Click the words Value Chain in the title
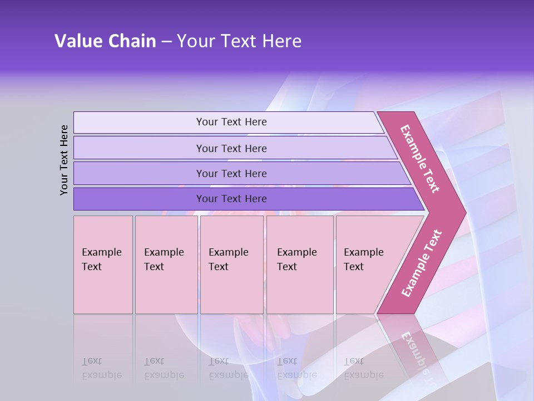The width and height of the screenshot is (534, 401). (105, 41)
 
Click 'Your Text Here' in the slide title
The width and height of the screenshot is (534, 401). (239, 41)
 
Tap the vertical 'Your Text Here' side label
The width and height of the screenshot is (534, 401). (64, 160)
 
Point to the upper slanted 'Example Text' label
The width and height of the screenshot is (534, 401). (420, 159)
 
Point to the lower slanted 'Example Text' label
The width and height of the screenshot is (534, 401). (422, 263)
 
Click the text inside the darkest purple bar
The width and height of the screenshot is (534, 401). (231, 199)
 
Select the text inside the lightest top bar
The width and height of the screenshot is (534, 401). (231, 122)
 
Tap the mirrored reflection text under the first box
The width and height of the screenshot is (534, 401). (101, 368)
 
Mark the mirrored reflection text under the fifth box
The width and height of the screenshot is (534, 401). (363, 368)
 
